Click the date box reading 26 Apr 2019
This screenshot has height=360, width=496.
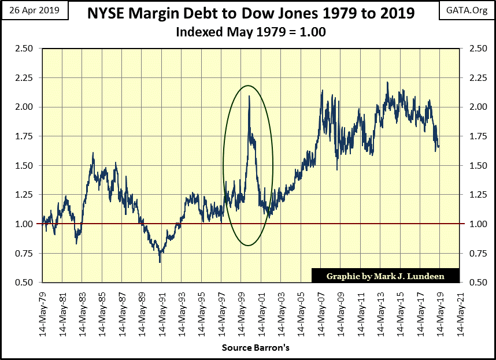point(34,11)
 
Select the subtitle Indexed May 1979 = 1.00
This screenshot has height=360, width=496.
point(250,32)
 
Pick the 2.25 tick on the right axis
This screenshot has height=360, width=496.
point(473,78)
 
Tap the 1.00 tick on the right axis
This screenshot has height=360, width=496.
point(473,224)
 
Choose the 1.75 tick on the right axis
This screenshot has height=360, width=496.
point(473,136)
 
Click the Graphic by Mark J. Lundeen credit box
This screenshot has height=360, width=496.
point(386,276)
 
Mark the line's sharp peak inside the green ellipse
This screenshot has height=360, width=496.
point(249,97)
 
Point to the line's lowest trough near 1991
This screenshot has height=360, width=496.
point(160,261)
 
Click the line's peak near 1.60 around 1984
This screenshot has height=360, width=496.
point(93,153)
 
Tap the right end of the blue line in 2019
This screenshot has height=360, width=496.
point(439,146)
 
